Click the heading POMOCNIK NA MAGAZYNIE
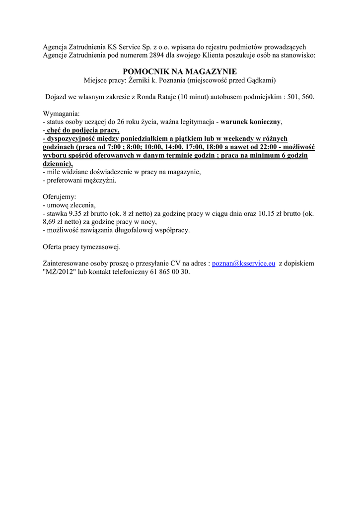tap(180, 71)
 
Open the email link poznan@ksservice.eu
tap(243, 264)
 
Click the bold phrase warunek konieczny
tap(251, 122)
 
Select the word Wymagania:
tap(61, 114)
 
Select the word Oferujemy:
tap(60, 197)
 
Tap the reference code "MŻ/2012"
tap(59, 272)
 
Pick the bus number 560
tap(308, 97)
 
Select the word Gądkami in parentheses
tap(261, 80)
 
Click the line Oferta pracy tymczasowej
tap(81, 247)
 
